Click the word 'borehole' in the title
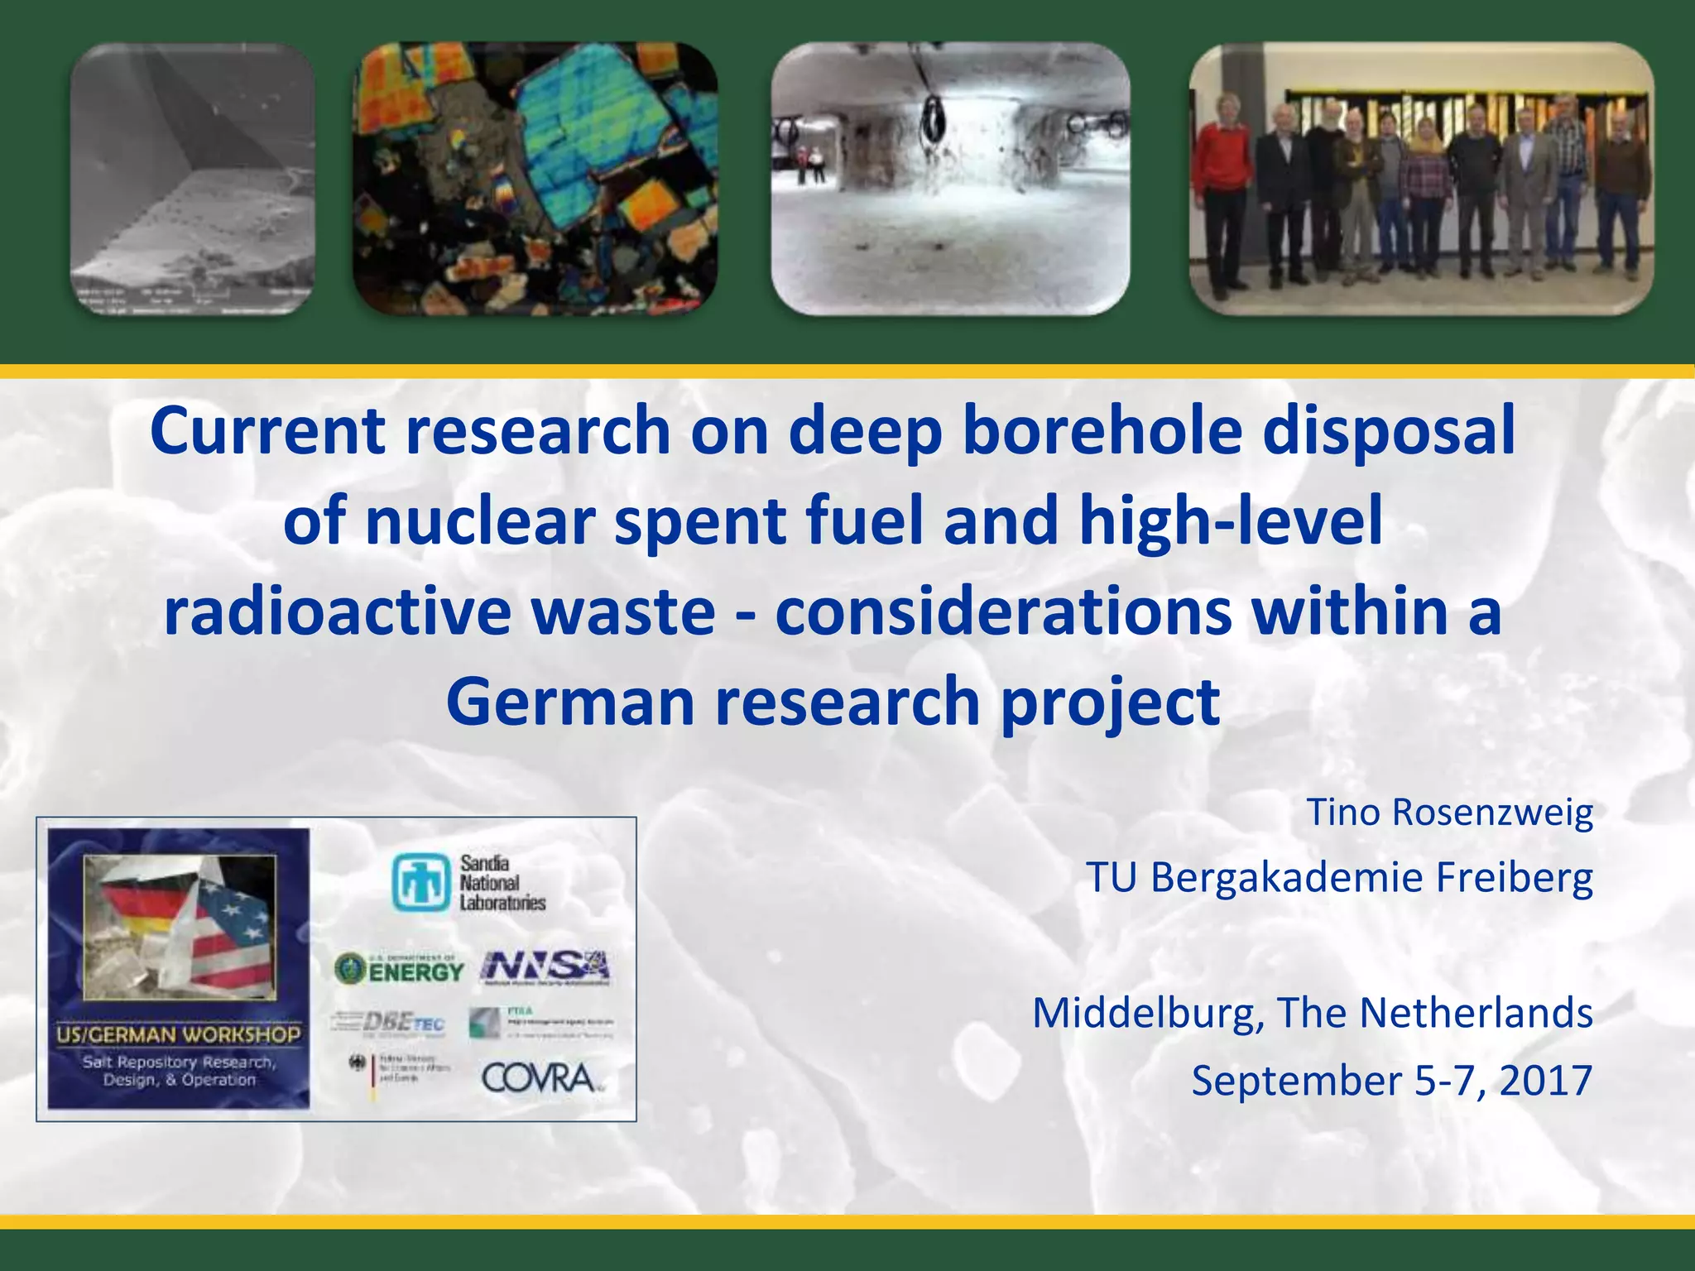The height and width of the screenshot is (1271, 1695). pyautogui.click(x=1101, y=431)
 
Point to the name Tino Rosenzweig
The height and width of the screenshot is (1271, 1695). pyautogui.click(x=1449, y=812)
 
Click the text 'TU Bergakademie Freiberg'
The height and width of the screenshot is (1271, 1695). pyautogui.click(x=1339, y=877)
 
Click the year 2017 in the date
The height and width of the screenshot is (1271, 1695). pyautogui.click(x=1545, y=1080)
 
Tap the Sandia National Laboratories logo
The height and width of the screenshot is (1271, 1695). pyautogui.click(x=468, y=883)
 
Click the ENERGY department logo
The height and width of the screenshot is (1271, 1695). pyautogui.click(x=399, y=968)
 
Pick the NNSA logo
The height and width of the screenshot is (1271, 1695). pyautogui.click(x=545, y=967)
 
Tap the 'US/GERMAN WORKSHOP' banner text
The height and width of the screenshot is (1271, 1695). pyautogui.click(x=179, y=1034)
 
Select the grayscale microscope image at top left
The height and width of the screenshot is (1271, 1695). pyautogui.click(x=192, y=179)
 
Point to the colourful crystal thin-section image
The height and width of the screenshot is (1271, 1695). pyautogui.click(x=535, y=179)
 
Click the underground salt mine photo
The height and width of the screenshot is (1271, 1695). pyautogui.click(x=950, y=179)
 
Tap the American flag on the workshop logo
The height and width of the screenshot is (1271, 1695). pyautogui.click(x=233, y=935)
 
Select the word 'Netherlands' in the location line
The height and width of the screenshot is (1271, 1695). pyautogui.click(x=1476, y=1013)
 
